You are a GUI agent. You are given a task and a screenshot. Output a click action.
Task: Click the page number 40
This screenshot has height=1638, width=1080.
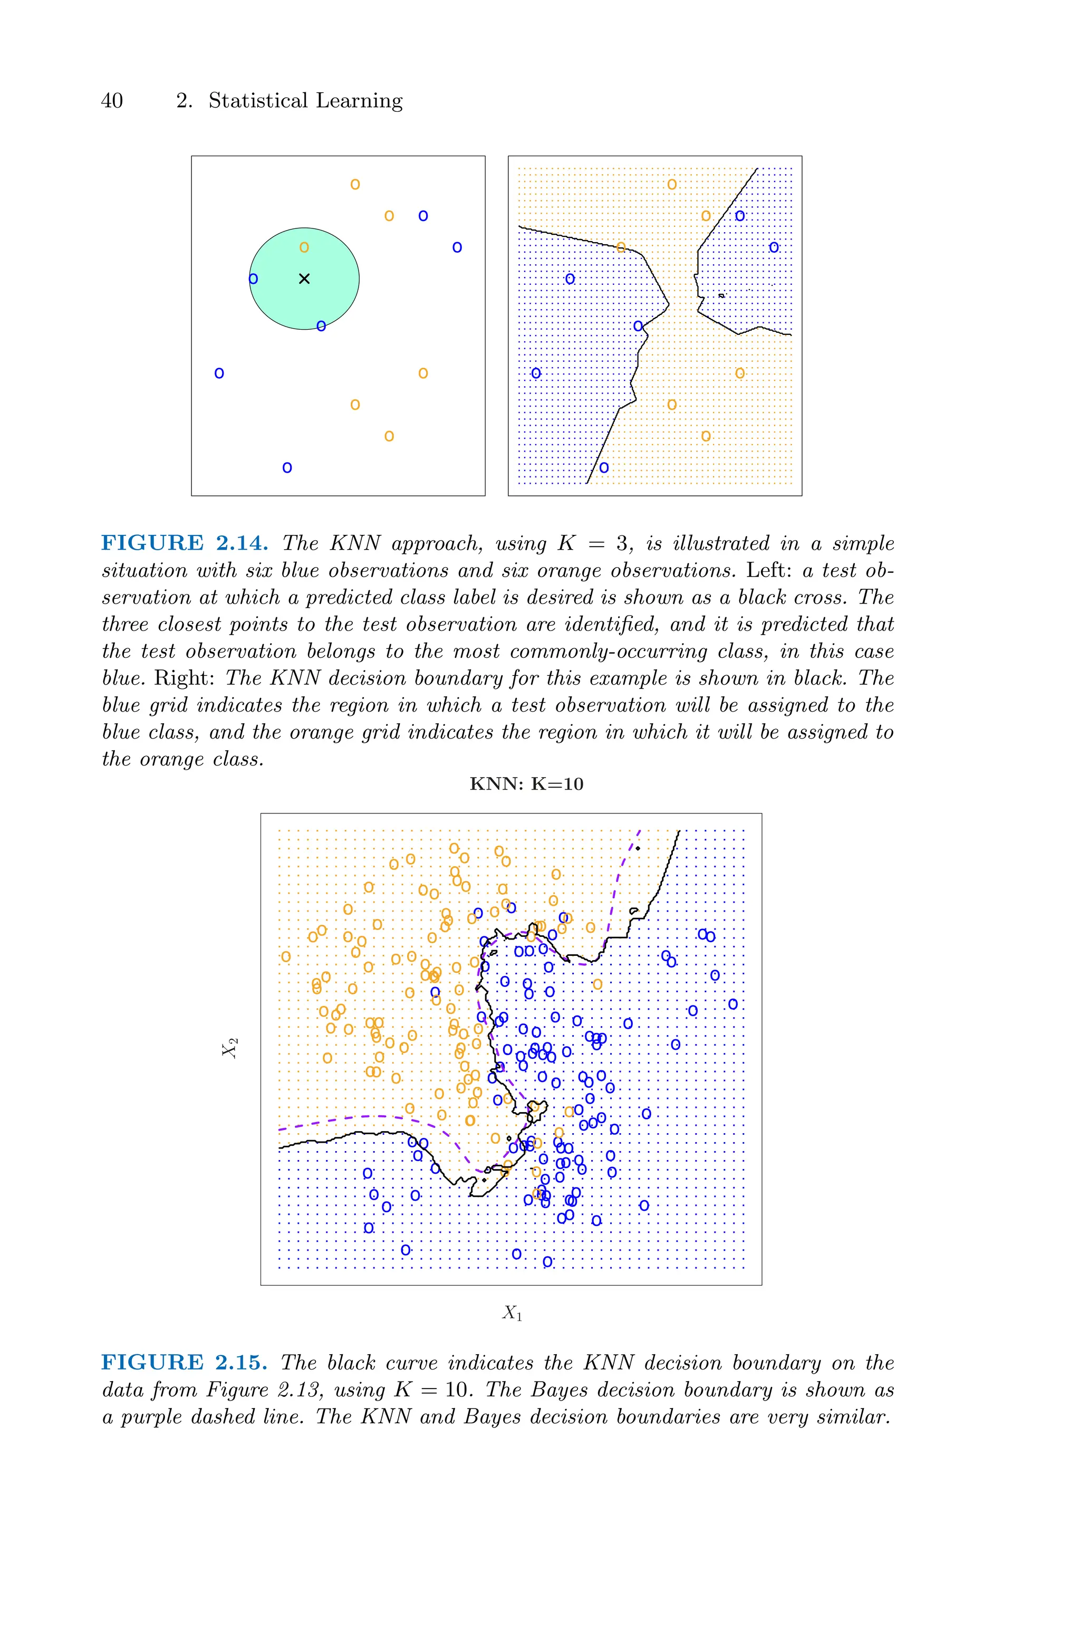112,101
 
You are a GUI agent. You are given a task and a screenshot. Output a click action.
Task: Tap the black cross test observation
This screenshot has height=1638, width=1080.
304,279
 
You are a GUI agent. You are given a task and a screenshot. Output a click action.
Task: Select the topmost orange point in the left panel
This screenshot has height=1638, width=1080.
355,184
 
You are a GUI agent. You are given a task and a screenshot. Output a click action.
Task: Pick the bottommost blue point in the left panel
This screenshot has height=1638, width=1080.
287,468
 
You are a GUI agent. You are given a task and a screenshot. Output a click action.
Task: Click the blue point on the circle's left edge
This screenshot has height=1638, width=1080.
253,279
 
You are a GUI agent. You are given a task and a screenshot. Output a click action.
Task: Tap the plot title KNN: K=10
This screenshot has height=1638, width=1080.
526,784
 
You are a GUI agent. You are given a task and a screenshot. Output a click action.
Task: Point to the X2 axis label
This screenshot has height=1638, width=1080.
229,1048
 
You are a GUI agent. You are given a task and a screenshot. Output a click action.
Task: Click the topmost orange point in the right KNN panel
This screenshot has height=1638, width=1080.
671,184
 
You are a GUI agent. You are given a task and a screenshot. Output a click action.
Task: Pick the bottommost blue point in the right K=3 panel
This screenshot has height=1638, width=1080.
604,468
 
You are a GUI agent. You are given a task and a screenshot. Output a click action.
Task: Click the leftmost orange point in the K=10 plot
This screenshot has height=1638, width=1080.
286,957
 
